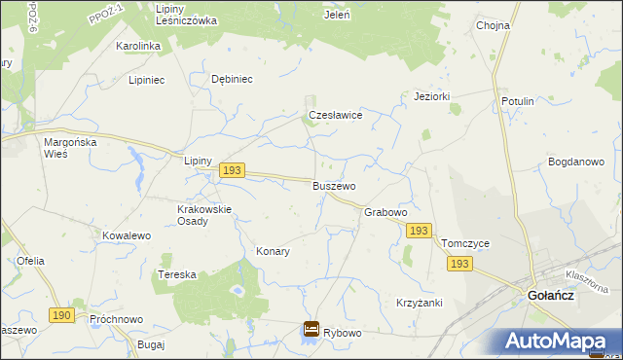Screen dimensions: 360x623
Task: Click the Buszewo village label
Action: point(334,185)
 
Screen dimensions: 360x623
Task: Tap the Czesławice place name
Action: point(336,115)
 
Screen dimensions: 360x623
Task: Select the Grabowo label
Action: point(385,211)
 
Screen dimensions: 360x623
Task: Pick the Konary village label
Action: point(273,251)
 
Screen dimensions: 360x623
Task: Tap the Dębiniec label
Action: point(232,80)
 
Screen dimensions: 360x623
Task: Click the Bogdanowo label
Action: point(576,162)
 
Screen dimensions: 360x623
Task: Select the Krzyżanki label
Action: point(420,303)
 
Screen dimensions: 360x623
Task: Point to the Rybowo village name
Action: point(343,333)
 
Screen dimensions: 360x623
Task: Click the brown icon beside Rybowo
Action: point(311,331)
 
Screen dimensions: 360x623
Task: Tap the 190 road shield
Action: point(61,315)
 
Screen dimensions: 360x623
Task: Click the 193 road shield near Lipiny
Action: point(231,170)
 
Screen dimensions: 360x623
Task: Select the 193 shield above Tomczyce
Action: point(419,231)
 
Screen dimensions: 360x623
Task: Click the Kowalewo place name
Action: point(127,235)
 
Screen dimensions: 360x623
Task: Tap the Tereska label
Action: point(177,275)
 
